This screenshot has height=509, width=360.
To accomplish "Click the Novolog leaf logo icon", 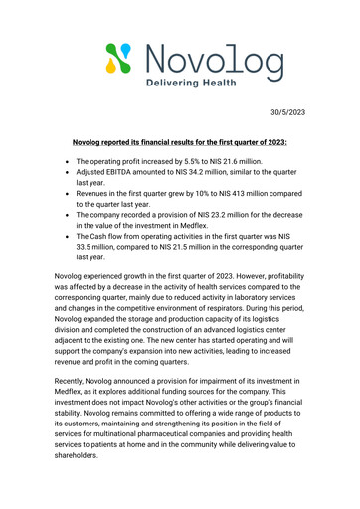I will click(x=118, y=61).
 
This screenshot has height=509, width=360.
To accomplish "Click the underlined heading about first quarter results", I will click(x=179, y=143).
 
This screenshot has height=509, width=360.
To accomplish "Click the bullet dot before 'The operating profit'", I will click(x=66, y=160).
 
